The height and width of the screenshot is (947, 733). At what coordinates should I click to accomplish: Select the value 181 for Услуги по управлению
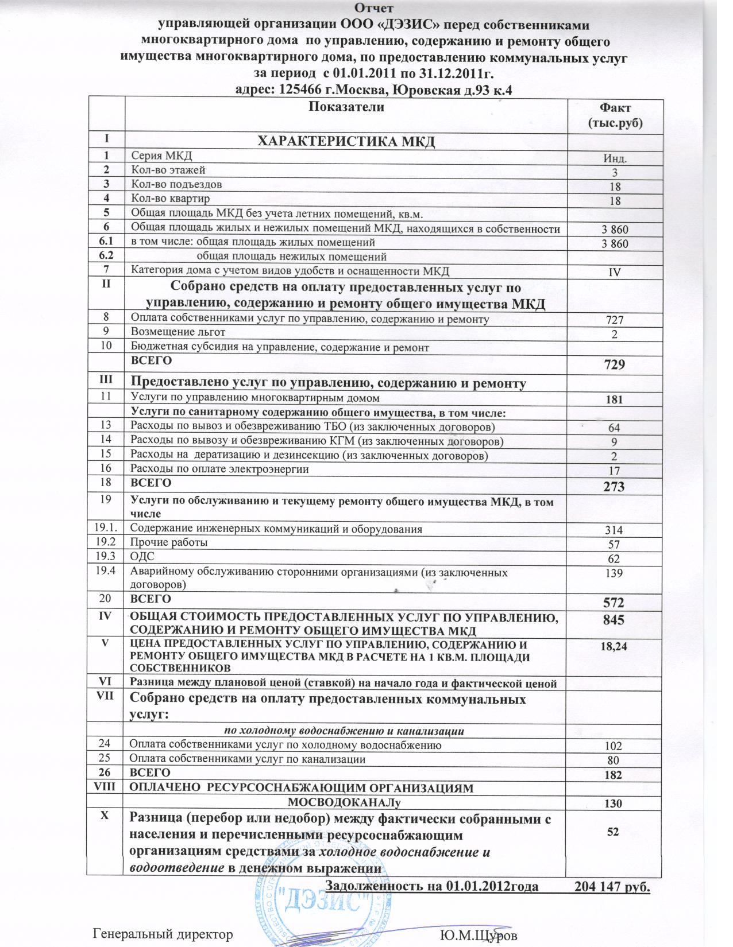614,400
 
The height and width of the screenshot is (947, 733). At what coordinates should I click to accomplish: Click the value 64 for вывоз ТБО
614,428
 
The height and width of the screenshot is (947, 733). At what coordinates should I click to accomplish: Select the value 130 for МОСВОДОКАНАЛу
614,804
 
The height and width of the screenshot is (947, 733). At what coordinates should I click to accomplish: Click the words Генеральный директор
163,934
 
